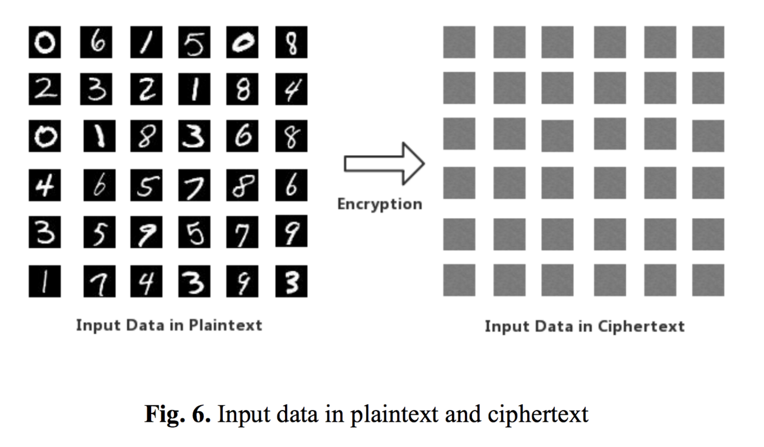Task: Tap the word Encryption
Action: click(x=379, y=204)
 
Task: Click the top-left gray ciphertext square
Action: click(x=458, y=43)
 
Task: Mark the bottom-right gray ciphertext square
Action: click(x=708, y=280)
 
